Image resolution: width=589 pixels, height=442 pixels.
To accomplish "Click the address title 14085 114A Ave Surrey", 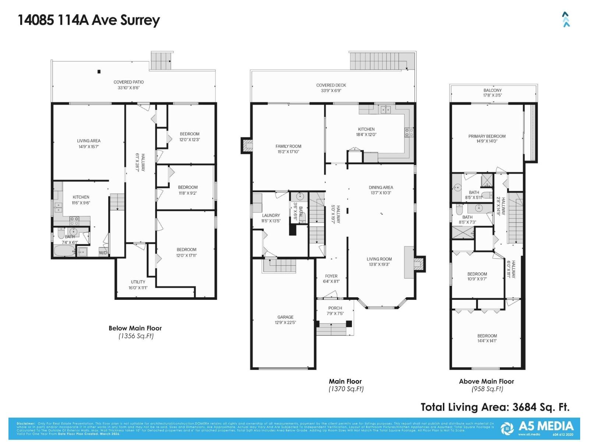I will (x=89, y=20).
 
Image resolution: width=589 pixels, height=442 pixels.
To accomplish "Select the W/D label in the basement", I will (x=103, y=253).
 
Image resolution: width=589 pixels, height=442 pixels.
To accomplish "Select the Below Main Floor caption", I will (x=135, y=328).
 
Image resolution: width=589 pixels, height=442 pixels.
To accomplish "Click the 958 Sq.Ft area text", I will (x=487, y=389).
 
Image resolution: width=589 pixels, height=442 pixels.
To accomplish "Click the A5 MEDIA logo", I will (x=537, y=428).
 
